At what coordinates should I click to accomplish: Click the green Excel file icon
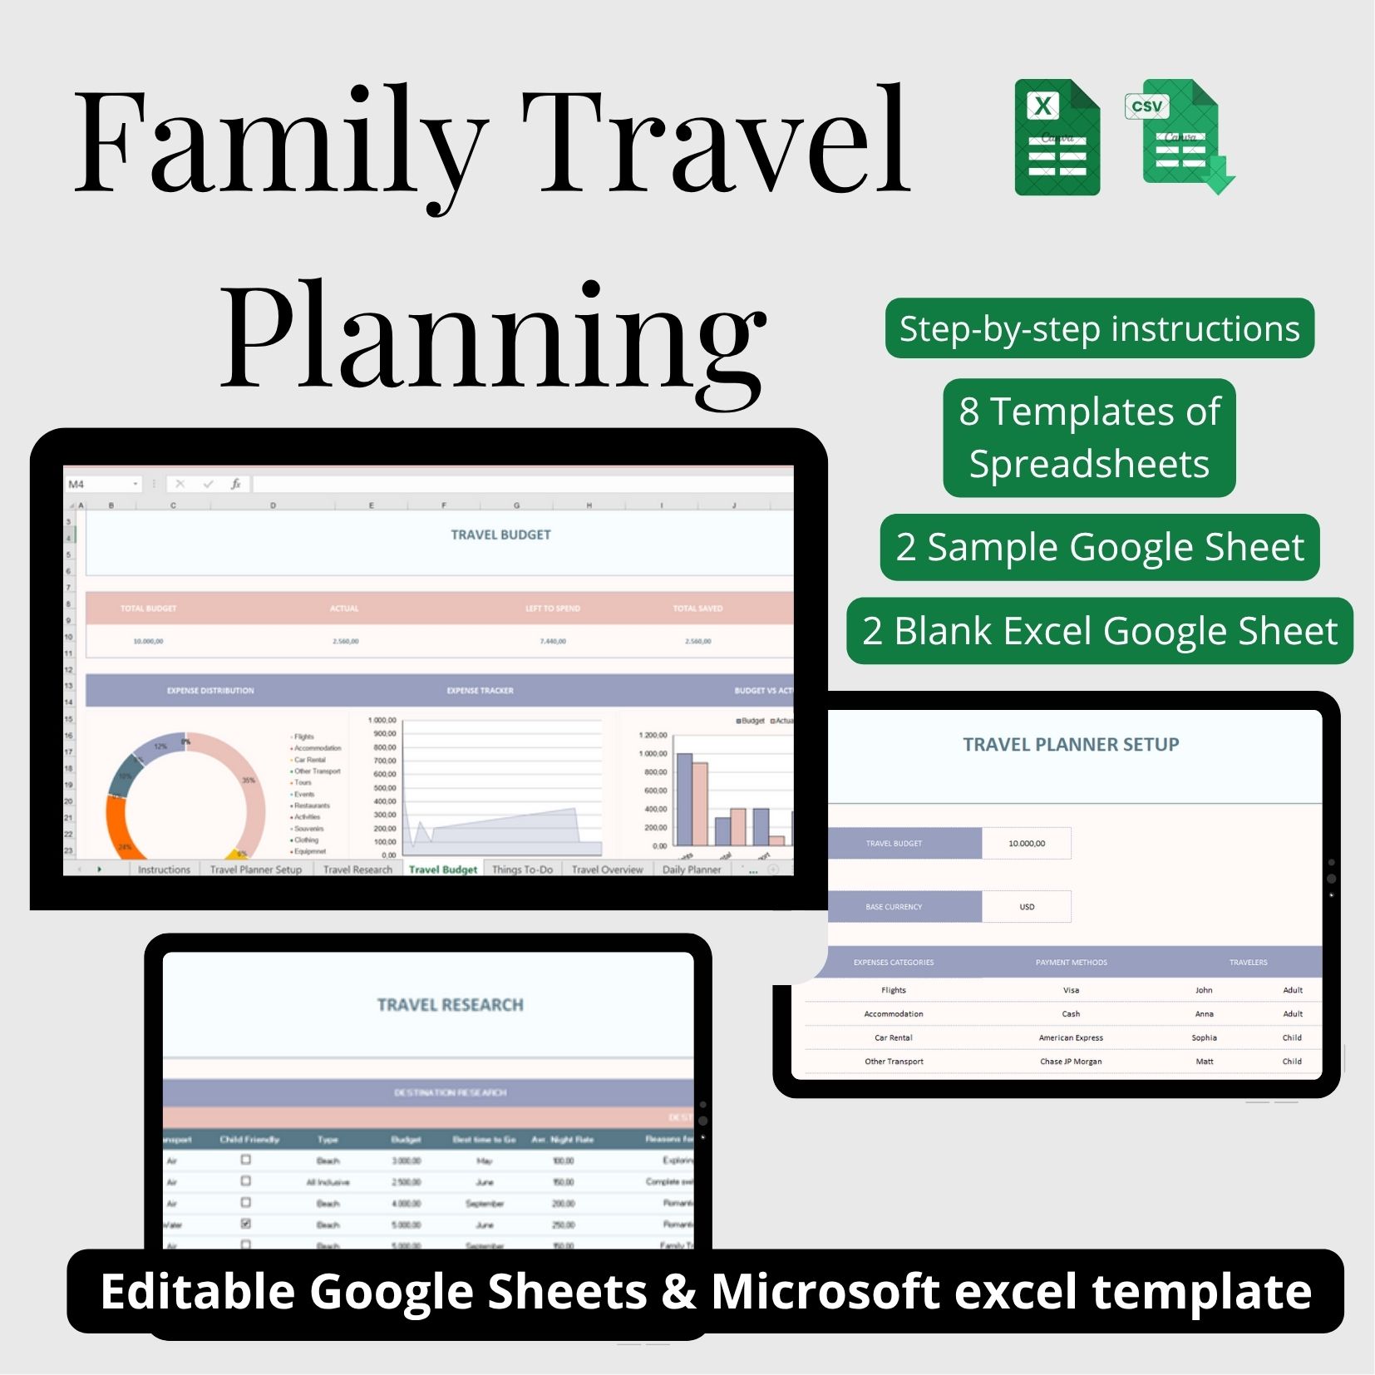pos(1057,138)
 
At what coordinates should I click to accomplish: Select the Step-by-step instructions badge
pos(1099,328)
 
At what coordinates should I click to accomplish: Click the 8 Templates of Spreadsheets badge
pos(1089,437)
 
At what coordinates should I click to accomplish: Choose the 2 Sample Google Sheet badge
pos(1099,547)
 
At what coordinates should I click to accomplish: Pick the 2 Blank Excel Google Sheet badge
pos(1099,631)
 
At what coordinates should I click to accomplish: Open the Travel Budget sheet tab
pos(443,870)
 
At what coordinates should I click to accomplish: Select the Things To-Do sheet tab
pos(522,870)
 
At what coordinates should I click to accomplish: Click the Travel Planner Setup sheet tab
pos(255,870)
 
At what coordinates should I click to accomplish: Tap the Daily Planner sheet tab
pos(692,870)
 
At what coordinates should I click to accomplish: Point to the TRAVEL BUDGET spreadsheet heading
pos(500,535)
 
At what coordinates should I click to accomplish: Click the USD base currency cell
pos(1027,907)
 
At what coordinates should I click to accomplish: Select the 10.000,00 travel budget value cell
pos(1027,843)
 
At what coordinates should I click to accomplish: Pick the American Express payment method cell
pos(1071,1037)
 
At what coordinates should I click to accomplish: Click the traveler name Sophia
pos(1204,1037)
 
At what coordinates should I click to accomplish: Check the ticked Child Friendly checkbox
pos(246,1224)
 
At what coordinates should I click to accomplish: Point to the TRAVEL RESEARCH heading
pos(450,1005)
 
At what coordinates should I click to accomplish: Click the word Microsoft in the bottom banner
pos(825,1291)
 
